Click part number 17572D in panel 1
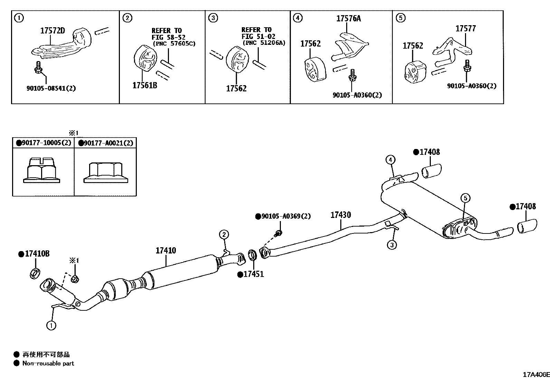(53, 31)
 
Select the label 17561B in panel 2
(144, 85)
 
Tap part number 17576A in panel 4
(348, 19)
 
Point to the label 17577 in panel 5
(465, 29)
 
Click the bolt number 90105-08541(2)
(51, 88)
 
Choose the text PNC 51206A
(264, 43)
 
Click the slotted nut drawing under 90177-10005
(42, 170)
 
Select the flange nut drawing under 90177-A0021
(105, 172)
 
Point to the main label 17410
(165, 250)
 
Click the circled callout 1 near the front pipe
(51, 325)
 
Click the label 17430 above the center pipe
(341, 215)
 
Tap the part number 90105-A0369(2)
(283, 216)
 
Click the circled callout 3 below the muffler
(391, 245)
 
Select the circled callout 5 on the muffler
(465, 198)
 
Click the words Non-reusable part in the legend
(48, 363)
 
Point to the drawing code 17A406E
(535, 375)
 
